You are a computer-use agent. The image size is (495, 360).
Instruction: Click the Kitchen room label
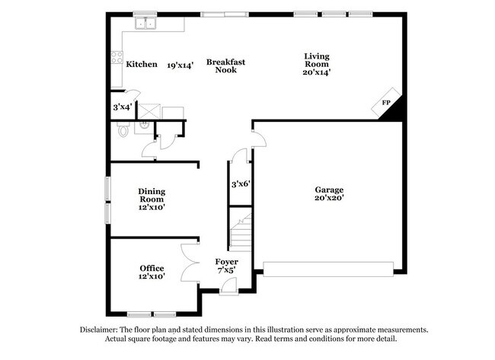click(x=142, y=65)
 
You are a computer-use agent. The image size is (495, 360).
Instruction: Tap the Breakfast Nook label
click(x=225, y=65)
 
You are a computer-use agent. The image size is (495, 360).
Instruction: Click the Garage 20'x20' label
click(x=329, y=194)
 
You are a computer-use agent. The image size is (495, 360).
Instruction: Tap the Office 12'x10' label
click(x=152, y=272)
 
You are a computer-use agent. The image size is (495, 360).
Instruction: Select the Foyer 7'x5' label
click(x=226, y=266)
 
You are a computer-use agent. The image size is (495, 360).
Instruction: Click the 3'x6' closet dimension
click(x=241, y=184)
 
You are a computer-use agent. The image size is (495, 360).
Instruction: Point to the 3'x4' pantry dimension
click(x=122, y=107)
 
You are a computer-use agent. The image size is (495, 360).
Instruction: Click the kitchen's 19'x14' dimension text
click(x=180, y=65)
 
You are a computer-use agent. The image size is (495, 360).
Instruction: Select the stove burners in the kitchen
click(x=117, y=57)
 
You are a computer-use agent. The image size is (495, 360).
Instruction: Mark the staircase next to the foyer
click(x=241, y=232)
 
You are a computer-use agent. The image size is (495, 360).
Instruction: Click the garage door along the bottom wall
click(x=328, y=268)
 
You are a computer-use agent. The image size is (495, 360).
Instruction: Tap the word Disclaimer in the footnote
click(x=101, y=330)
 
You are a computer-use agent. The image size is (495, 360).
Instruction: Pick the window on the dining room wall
click(x=107, y=200)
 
